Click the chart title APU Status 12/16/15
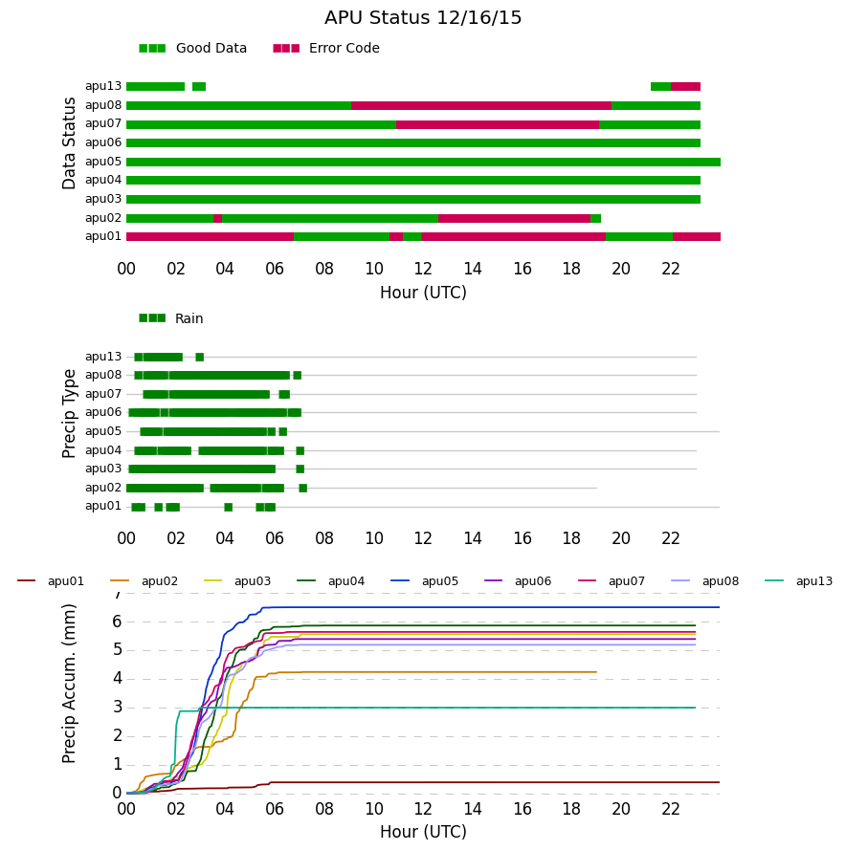(423, 18)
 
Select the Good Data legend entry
(193, 49)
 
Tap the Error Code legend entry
(326, 49)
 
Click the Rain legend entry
(171, 318)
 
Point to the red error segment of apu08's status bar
(481, 106)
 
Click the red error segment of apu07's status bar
(498, 125)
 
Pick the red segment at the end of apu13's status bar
(686, 87)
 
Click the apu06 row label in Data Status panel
(103, 142)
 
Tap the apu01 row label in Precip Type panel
(103, 507)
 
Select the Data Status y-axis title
(69, 143)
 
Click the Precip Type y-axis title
(69, 414)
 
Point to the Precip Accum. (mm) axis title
(69, 684)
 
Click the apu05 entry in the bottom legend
(424, 581)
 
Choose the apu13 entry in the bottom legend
(798, 581)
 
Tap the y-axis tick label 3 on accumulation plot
(117, 708)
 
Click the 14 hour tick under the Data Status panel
(473, 269)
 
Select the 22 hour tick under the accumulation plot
(671, 809)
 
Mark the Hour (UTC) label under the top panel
(423, 293)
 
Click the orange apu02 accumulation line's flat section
(434, 672)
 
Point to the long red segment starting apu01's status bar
(210, 236)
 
